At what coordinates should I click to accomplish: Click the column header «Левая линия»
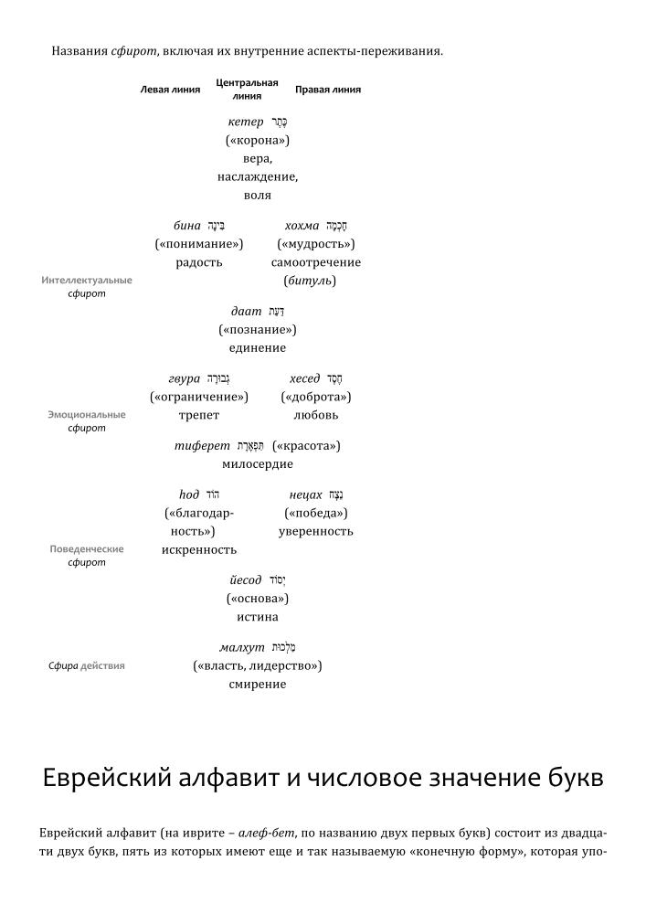coord(170,90)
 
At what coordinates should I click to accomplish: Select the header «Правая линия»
coord(327,90)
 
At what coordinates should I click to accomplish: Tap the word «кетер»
coord(245,122)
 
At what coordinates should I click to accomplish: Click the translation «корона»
coord(258,141)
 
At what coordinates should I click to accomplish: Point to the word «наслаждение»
coord(258,177)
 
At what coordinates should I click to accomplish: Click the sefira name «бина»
coord(186,226)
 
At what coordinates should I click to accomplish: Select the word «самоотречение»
coord(315,262)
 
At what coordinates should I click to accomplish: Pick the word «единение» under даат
coord(258,348)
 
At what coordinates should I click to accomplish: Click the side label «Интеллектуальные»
coord(87,281)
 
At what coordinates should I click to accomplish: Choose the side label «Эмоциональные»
coord(87,415)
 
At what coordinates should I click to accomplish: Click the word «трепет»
coord(199,416)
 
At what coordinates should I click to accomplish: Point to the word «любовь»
coord(315,416)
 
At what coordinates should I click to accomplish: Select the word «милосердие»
coord(258,464)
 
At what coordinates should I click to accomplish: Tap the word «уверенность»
coord(315,532)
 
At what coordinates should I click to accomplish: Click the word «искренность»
coord(199,550)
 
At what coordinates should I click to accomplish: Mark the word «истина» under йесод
coord(258,618)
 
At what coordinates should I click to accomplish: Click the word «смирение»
coord(258,685)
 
